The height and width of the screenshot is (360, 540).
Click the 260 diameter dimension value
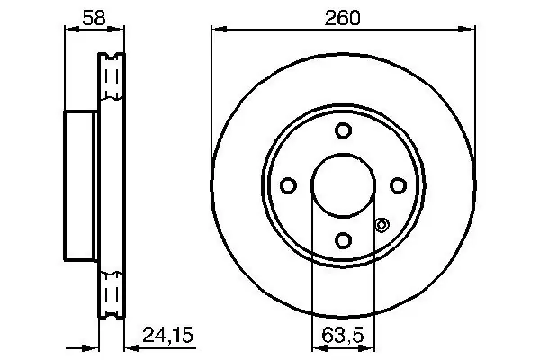[x=342, y=18]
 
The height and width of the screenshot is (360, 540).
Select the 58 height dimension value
[x=94, y=18]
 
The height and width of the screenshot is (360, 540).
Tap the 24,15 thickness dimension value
[x=167, y=335]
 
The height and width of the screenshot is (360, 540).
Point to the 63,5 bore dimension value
[x=343, y=335]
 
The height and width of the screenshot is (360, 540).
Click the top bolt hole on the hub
[x=344, y=130]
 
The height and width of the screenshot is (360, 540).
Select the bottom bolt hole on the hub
[x=344, y=239]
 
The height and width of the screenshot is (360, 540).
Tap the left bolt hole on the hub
[x=288, y=185]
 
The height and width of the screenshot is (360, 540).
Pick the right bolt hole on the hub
[x=398, y=185]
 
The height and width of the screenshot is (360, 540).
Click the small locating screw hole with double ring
[x=382, y=225]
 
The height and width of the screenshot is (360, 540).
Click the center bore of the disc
[x=344, y=185]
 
